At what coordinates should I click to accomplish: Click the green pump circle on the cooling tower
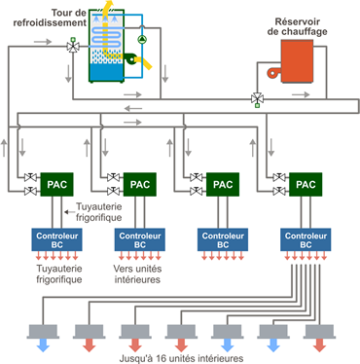pos(142,40)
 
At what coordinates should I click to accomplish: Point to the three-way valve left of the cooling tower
pos(74,46)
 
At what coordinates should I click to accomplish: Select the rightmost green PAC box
pos(306,183)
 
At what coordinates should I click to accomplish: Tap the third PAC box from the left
pos(223,183)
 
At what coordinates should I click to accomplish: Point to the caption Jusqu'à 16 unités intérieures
pos(179,355)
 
